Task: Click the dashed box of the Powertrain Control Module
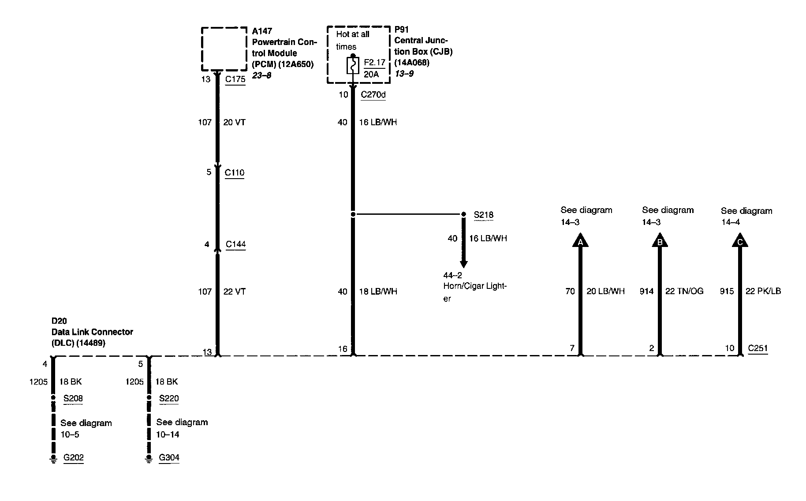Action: point(224,49)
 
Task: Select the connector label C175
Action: point(235,79)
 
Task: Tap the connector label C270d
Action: point(373,94)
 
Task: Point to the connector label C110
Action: point(235,172)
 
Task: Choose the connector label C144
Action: point(235,244)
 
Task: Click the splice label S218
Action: point(484,215)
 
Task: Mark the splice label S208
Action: point(73,399)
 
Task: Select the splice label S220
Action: point(169,399)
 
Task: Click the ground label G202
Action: point(74,457)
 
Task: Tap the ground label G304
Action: point(169,457)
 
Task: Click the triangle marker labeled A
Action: point(580,241)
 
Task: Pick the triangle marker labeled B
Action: point(660,241)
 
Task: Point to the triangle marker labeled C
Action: point(740,241)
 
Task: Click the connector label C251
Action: point(757,348)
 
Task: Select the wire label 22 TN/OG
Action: point(684,291)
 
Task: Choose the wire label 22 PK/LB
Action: point(763,291)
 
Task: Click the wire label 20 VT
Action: point(234,122)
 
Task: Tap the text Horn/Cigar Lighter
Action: point(475,287)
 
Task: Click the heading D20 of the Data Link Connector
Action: point(59,321)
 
